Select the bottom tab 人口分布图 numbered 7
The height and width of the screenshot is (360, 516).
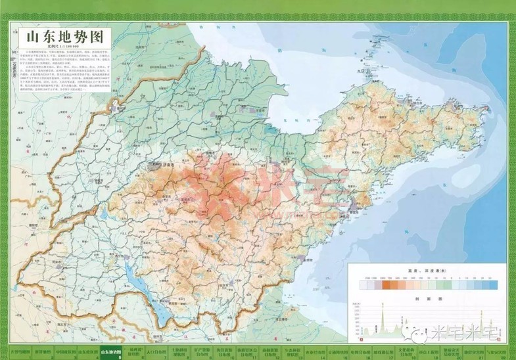point(156,352)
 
